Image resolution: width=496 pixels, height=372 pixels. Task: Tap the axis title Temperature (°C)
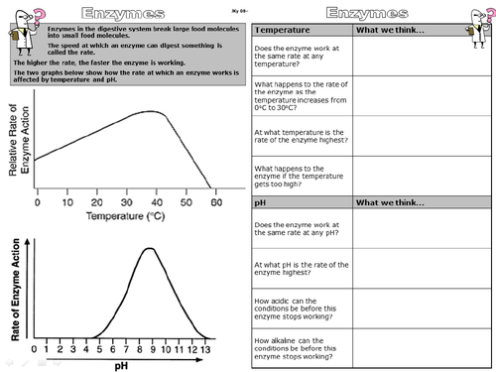[127, 214]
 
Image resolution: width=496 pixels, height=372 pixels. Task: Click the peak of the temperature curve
[149, 112]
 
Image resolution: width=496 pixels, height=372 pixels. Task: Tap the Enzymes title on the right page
[371, 13]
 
